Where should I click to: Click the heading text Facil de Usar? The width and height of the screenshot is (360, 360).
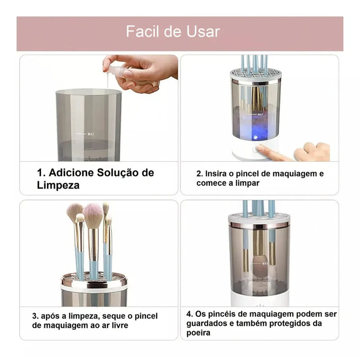[173, 31]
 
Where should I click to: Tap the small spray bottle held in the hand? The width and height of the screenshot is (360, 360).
[118, 72]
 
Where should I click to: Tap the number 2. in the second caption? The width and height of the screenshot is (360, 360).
[200, 174]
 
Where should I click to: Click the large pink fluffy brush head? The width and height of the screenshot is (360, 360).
[93, 215]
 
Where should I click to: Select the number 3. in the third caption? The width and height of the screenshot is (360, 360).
[35, 316]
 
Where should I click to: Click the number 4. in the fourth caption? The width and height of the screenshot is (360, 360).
[189, 314]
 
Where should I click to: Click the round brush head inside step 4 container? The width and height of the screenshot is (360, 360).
[259, 270]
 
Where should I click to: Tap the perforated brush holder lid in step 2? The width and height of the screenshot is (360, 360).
[256, 75]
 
